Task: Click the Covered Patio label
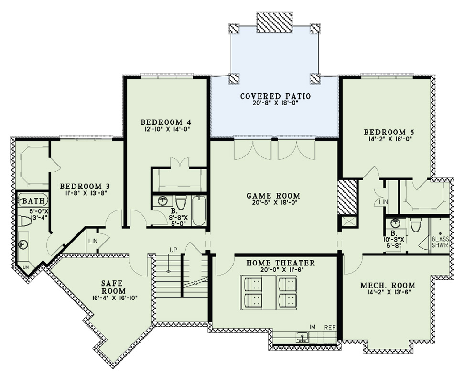coord(275,96)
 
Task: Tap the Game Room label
coord(273,195)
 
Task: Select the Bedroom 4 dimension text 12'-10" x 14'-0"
coord(166,129)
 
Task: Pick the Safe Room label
coord(113,287)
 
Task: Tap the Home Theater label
coord(281,263)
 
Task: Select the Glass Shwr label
coord(440,243)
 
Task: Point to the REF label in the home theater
coord(330,327)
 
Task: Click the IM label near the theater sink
coord(313,327)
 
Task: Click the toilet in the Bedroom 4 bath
coord(181,201)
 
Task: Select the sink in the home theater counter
coord(302,337)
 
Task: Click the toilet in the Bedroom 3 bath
coord(25,221)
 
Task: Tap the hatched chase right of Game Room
coord(347,196)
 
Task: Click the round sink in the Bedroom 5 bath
coord(395,223)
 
